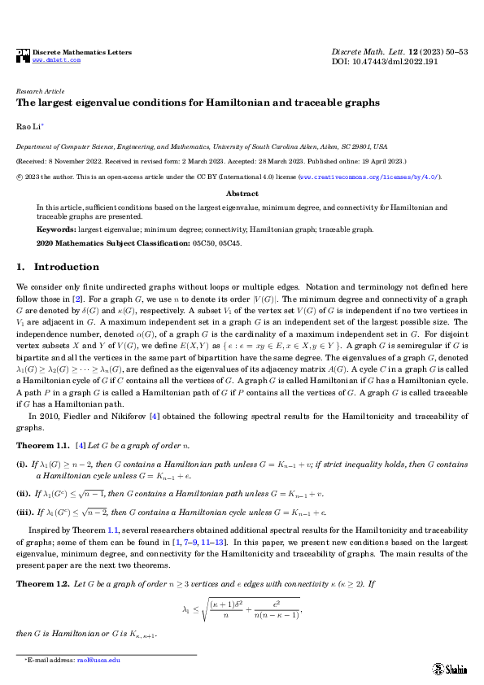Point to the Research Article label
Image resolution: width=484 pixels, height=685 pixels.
(x=41, y=92)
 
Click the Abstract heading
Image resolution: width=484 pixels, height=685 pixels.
(x=242, y=194)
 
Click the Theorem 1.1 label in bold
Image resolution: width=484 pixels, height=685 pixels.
(x=43, y=446)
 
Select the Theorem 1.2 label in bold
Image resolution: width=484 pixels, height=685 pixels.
(x=43, y=583)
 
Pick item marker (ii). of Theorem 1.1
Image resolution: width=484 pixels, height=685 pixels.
(x=24, y=493)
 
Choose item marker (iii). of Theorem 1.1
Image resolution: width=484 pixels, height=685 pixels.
(x=24, y=513)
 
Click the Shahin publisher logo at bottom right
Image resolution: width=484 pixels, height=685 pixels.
(x=449, y=667)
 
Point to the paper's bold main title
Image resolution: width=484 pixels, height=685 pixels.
(x=198, y=103)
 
